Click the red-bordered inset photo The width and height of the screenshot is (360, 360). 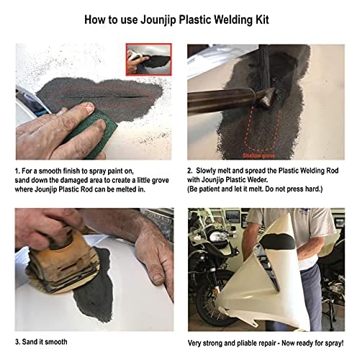pyautogui.click(x=148, y=60)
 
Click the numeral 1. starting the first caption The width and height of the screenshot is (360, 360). pyautogui.click(x=17, y=171)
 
